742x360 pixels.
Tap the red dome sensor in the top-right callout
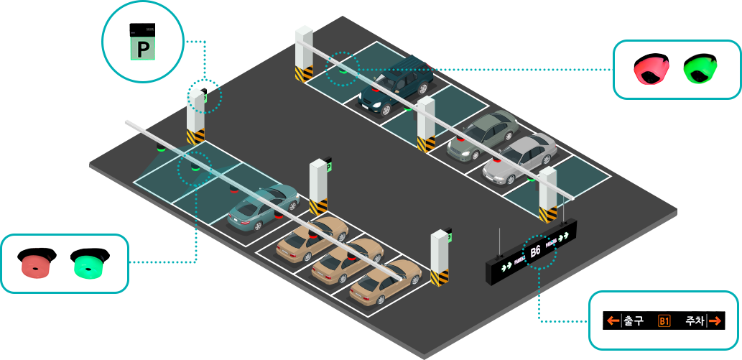(x=651, y=69)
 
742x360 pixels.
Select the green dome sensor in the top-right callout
(x=700, y=69)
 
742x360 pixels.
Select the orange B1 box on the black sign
(x=664, y=320)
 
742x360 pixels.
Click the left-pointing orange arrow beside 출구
(x=612, y=320)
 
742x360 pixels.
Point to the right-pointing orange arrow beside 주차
(x=715, y=320)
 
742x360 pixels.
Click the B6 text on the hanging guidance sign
(x=535, y=251)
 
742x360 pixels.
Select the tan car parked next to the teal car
(x=312, y=236)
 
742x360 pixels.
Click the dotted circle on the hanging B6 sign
(x=539, y=251)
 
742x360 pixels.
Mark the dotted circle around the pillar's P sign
(x=205, y=96)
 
